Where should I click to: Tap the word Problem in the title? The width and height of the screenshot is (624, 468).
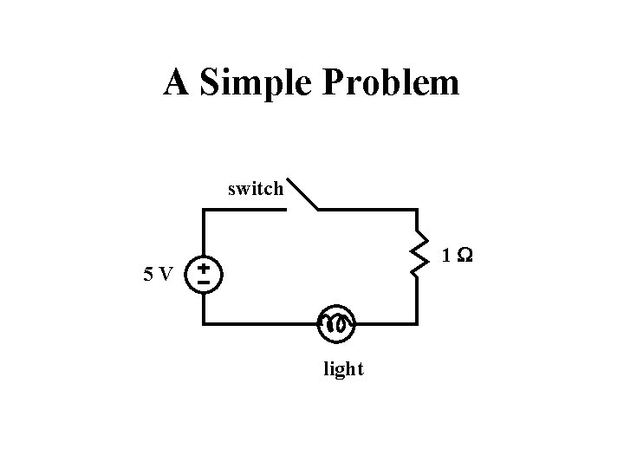391,83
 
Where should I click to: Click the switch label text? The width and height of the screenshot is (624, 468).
255,188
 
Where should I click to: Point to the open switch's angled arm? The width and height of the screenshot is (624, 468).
302,194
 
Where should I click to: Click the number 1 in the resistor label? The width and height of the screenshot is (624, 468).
445,257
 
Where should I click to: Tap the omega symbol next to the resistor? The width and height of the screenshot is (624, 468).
465,257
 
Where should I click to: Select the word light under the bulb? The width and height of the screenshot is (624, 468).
343,370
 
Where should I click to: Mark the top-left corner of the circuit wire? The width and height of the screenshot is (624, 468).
204,210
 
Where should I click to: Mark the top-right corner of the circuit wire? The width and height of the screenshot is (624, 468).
417,210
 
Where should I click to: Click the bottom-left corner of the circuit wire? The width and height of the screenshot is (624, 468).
204,323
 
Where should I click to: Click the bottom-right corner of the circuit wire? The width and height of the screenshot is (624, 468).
417,323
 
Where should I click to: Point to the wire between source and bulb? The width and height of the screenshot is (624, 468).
260,323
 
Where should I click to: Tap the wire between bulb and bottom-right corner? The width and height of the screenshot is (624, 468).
386,323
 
